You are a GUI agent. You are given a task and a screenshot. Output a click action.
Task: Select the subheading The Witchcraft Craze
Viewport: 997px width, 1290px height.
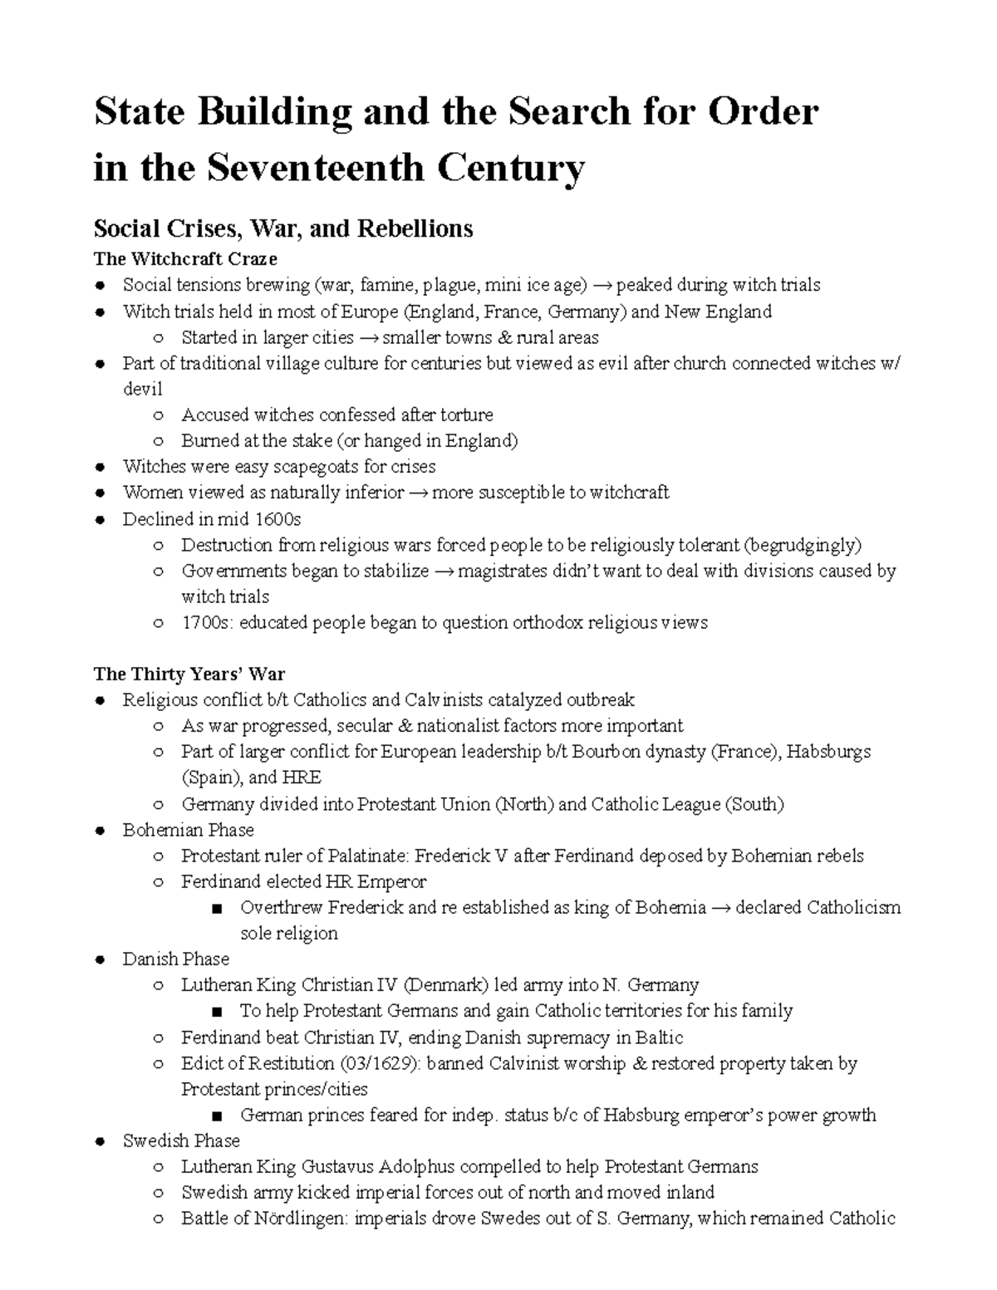[185, 259]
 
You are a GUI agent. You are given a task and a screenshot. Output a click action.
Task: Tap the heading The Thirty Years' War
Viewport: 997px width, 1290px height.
[189, 674]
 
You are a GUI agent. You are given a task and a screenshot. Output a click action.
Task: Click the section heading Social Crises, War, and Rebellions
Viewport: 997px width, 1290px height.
[283, 228]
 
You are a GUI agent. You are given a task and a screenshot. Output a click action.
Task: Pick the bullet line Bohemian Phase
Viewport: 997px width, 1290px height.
[188, 830]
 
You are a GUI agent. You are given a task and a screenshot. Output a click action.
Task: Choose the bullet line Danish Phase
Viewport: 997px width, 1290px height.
[175, 959]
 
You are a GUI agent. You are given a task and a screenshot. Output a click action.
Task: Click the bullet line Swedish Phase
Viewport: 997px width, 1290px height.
[181, 1140]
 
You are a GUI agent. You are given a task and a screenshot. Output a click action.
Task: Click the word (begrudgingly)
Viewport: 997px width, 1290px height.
[803, 545]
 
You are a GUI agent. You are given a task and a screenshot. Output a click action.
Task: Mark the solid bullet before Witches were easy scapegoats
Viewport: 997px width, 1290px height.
[100, 467]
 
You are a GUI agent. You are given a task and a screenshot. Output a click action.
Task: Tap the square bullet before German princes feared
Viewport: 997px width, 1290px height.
[218, 1116]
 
